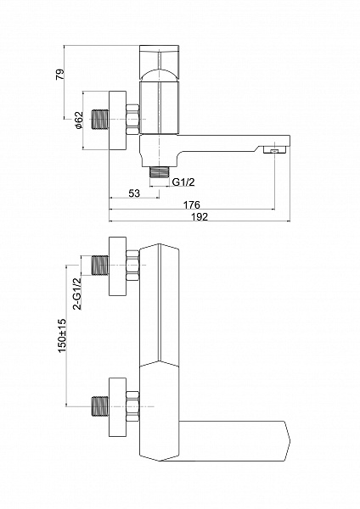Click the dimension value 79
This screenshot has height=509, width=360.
60,75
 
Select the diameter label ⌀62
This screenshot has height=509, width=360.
79,120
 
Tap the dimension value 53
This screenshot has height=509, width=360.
134,193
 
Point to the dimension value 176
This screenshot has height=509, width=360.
192,204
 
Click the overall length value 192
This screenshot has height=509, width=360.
200,216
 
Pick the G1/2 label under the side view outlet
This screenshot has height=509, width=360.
183,182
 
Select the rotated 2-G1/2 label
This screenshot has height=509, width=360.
77,294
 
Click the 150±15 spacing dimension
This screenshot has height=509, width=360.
62,335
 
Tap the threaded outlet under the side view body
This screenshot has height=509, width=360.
159,172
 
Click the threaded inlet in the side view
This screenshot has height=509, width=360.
100,120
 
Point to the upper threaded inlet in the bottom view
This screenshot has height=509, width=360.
100,266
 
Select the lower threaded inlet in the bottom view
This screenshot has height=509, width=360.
100,406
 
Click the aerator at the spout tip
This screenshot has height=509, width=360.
275,150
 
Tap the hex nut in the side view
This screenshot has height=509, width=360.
132,120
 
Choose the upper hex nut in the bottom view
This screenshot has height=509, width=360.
132,266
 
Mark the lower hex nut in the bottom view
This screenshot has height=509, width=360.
132,406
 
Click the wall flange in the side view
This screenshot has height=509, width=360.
117,120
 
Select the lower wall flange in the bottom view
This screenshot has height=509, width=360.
117,407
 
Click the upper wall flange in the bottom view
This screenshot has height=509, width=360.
117,266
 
